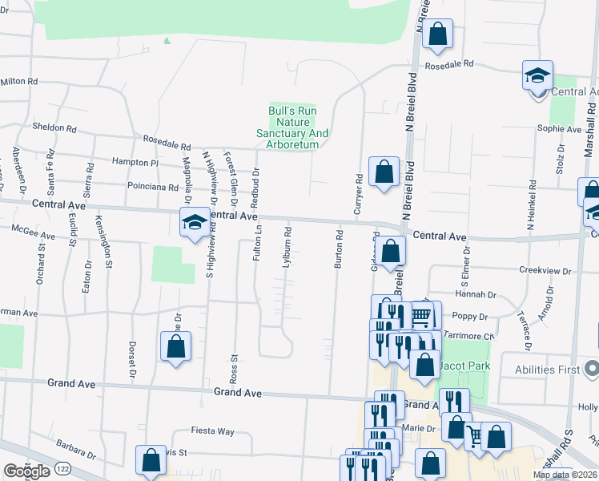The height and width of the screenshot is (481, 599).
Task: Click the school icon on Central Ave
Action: (194, 221)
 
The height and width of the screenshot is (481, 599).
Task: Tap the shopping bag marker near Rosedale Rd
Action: (437, 33)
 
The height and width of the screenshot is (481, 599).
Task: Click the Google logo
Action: (26, 471)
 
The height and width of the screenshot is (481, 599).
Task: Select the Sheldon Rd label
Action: (54, 127)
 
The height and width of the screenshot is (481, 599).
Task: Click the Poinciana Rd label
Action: (152, 187)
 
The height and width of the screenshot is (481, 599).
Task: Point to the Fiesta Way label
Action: (212, 431)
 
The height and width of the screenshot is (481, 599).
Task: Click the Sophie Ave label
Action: (558, 128)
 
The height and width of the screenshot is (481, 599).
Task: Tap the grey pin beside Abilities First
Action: (592, 370)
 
